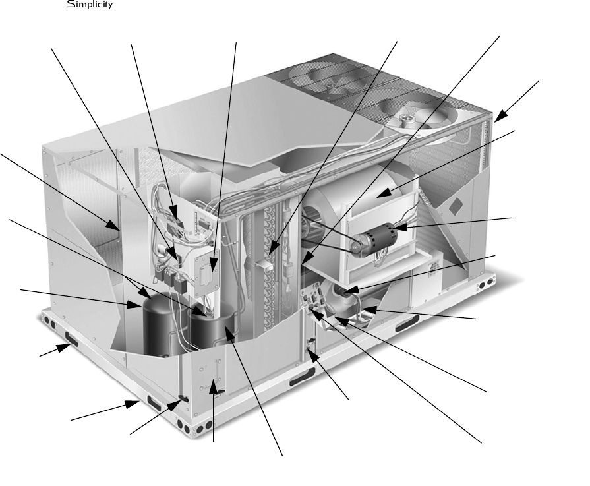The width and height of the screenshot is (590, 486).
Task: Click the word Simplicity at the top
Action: pos(90,5)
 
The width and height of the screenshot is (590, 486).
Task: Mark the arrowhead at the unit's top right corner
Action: pos(501,115)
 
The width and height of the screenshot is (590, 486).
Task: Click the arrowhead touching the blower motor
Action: pos(399,227)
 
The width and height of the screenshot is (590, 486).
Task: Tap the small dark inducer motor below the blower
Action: pos(344,291)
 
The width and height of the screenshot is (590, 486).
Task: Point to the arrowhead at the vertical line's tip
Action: pos(214,387)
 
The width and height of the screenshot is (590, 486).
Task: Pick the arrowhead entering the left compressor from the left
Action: pos(134,304)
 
